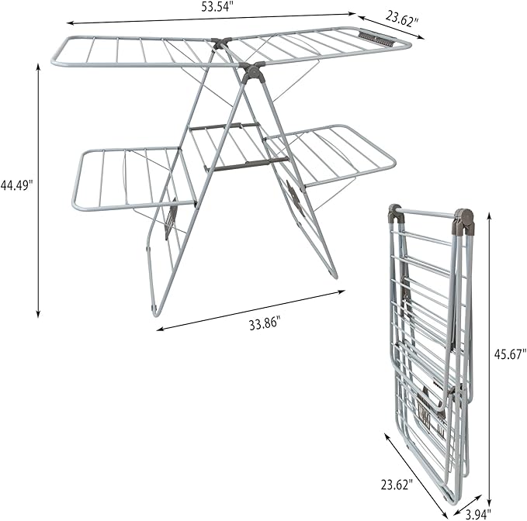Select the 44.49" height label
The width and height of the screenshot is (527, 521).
coord(17,185)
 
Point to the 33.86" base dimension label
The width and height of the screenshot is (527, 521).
coord(264,323)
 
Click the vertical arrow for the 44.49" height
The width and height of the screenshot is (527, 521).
coord(38,190)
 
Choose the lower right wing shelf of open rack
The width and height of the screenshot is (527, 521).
coord(330,155)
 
